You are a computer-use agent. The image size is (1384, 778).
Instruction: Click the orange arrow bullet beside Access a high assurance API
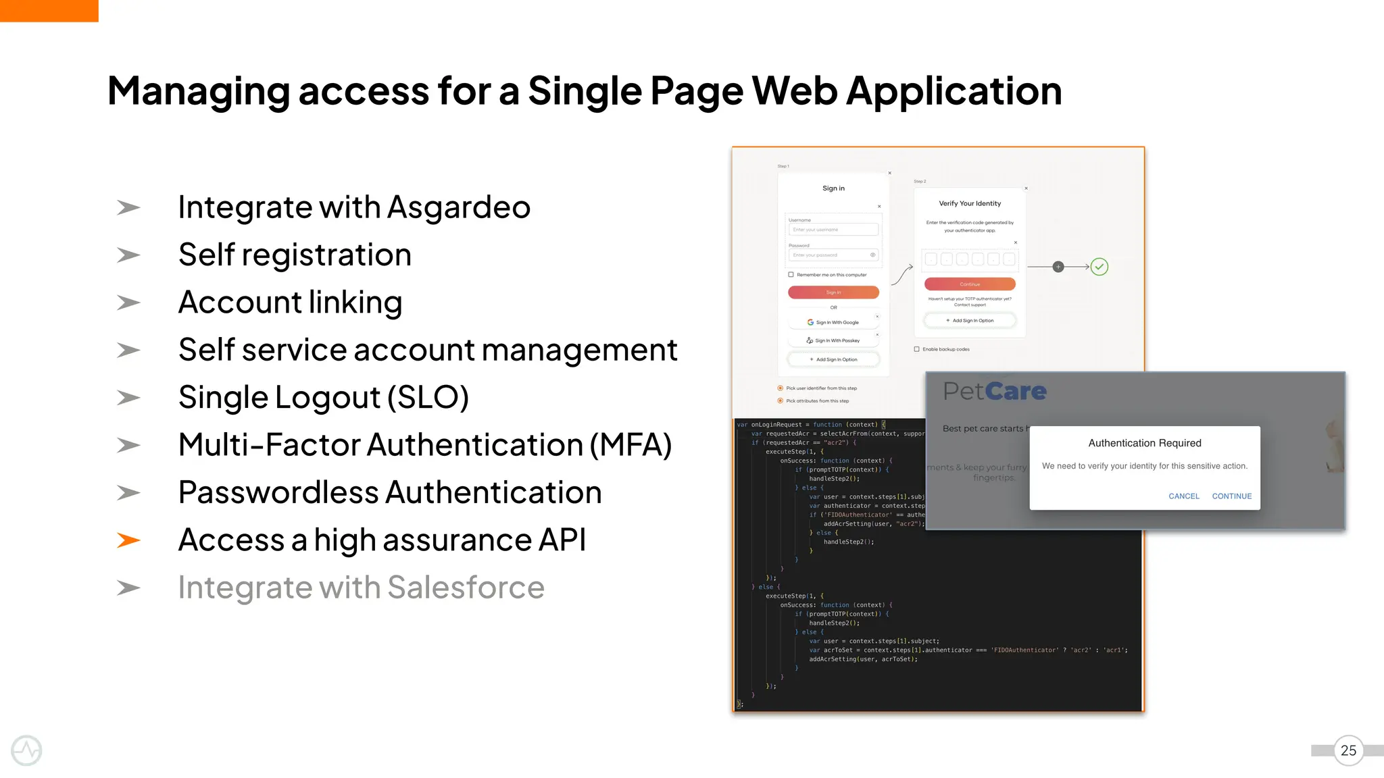click(x=128, y=540)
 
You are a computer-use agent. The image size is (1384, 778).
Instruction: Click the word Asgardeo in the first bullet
click(x=459, y=207)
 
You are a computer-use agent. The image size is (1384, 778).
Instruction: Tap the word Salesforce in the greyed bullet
click(x=466, y=588)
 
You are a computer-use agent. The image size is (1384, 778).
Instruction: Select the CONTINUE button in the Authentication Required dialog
click(x=1231, y=496)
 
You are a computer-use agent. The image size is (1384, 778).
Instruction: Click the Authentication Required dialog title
click(x=1145, y=443)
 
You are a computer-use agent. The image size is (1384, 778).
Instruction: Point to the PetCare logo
click(x=994, y=391)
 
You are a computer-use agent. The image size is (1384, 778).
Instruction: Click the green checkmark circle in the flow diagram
click(x=1099, y=267)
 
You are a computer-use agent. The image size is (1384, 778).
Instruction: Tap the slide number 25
click(x=1348, y=750)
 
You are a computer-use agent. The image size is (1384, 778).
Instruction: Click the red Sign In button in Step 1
click(x=833, y=292)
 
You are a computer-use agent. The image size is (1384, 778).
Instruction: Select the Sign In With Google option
click(x=833, y=323)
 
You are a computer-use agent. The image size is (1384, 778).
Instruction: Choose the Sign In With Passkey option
click(x=833, y=341)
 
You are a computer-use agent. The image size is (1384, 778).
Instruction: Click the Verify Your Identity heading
click(x=970, y=203)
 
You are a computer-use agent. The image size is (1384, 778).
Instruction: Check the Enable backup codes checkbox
click(x=917, y=349)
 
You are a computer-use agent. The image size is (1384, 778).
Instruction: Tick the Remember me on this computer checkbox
click(x=791, y=275)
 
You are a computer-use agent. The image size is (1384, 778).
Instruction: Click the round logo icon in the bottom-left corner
click(x=26, y=750)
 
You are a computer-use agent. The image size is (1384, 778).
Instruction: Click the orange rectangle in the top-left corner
click(x=49, y=11)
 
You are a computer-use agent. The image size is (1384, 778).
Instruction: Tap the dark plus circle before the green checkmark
click(x=1058, y=267)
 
